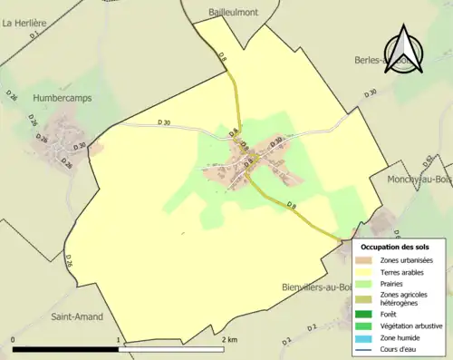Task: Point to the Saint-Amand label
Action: coord(76,316)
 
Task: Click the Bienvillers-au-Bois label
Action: coord(315,287)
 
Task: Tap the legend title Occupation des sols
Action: coord(395,246)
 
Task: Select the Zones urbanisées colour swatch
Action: coord(364,260)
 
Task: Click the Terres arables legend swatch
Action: coord(364,271)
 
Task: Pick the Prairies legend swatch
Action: coord(364,283)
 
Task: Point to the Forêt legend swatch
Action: coord(364,315)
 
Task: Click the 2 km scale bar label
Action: coord(230,340)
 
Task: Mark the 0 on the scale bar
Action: coord(13,340)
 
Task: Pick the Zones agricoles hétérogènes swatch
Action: coord(364,298)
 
